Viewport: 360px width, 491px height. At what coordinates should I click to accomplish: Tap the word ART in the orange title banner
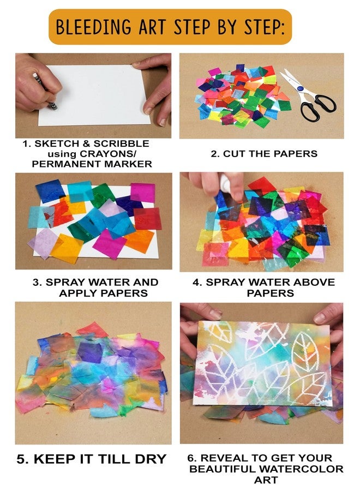(152, 27)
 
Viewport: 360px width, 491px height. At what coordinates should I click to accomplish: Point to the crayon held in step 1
(45, 91)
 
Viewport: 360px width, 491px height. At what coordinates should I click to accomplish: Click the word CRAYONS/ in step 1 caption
(108, 154)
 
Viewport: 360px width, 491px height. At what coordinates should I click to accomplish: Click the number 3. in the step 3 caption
(37, 282)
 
